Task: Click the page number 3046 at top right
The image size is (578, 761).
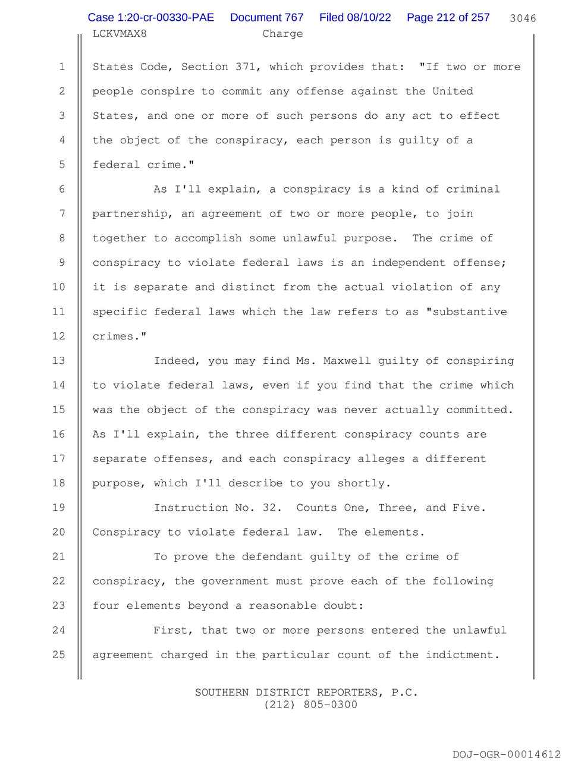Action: pos(523,18)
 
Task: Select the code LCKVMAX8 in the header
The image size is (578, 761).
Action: pos(120,33)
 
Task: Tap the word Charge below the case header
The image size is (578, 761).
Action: pos(282,33)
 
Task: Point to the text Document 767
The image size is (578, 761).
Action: pos(266,18)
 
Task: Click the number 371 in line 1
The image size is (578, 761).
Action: pos(246,67)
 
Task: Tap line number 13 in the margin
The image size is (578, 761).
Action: pos(58,361)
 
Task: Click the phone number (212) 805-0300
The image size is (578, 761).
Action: pos(307,705)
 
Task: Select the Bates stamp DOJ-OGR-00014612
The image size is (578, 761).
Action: pos(506,754)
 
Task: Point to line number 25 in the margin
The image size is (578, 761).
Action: pos(58,655)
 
